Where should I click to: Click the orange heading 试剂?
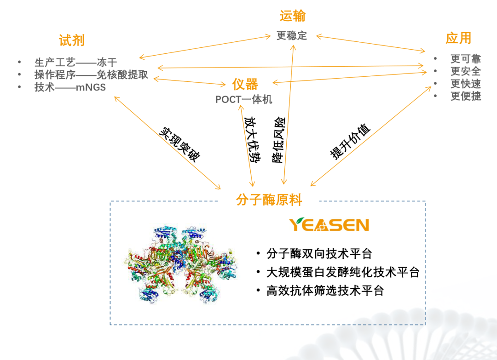[x=72, y=40]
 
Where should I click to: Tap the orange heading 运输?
[x=292, y=17]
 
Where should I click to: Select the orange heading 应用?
[x=458, y=38]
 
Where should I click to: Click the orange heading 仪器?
[x=245, y=84]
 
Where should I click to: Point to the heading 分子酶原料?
[x=269, y=200]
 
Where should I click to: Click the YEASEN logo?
[x=329, y=225]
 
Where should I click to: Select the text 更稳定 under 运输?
[x=292, y=35]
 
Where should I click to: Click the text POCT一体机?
[x=244, y=99]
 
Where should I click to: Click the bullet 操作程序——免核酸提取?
[x=91, y=75]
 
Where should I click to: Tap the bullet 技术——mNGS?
[x=70, y=87]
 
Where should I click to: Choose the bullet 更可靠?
[x=465, y=59]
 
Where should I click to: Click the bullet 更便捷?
[x=465, y=96]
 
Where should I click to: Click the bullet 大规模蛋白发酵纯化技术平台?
[x=343, y=272]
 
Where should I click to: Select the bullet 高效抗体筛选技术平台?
[x=325, y=291]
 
